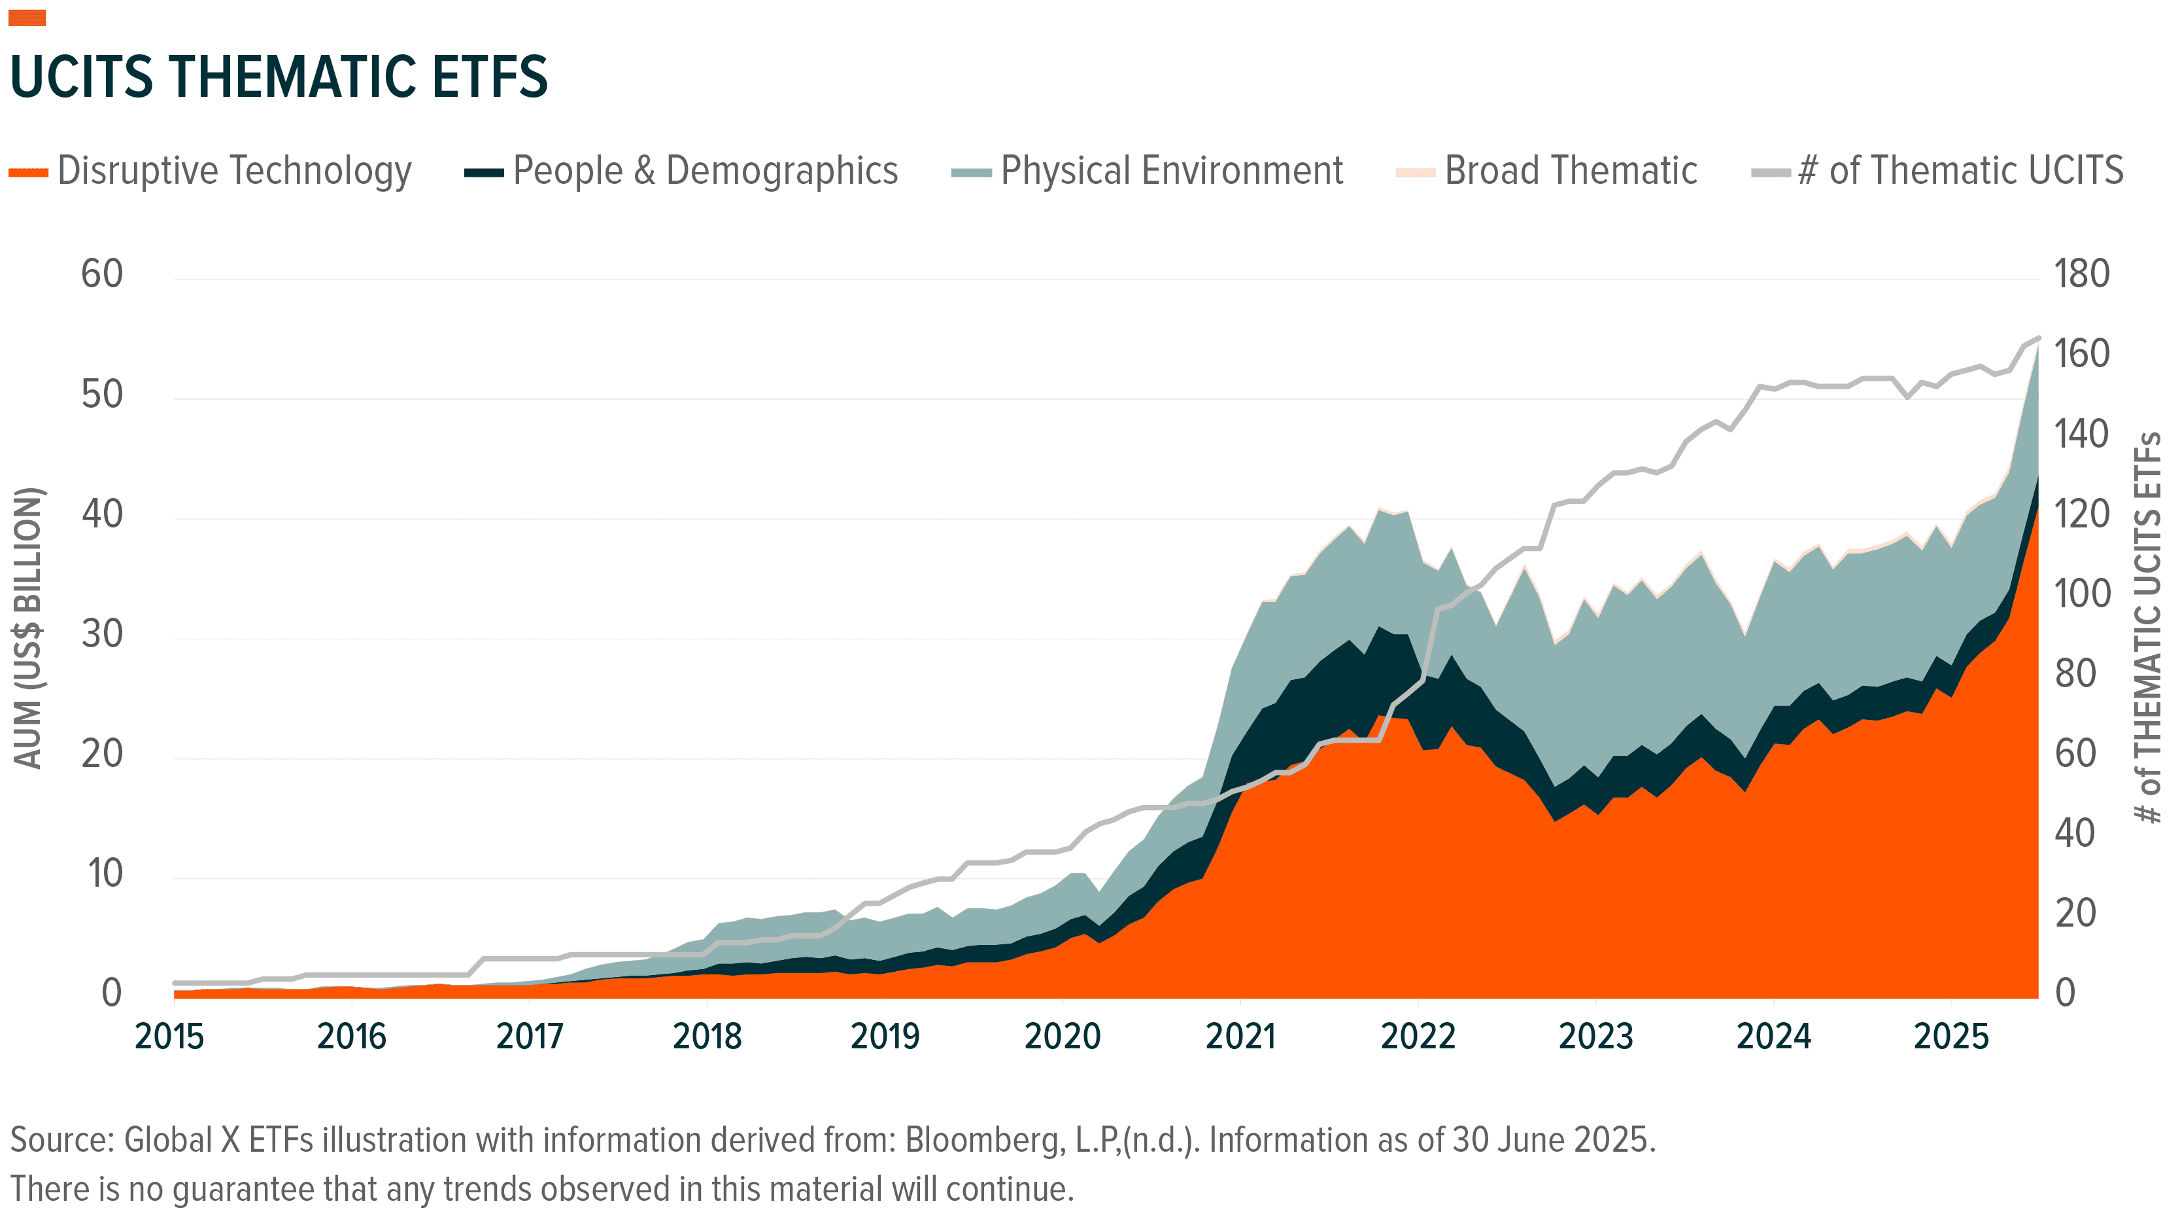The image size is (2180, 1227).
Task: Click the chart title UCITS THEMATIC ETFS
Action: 279,77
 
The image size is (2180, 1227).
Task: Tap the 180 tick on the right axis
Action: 2082,274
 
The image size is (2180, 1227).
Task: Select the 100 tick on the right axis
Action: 2082,594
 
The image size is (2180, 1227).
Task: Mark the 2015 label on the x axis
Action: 169,1037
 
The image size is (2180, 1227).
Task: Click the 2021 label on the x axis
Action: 1240,1037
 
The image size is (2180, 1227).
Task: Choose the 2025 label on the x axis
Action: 1950,1037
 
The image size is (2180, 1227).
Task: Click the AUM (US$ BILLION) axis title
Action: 28,628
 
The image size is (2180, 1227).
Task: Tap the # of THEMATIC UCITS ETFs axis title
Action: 2148,628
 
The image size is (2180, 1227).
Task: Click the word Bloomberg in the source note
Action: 984,1141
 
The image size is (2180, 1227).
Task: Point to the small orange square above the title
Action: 27,18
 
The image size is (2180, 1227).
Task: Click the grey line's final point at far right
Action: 2038,338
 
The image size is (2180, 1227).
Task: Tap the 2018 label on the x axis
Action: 707,1037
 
